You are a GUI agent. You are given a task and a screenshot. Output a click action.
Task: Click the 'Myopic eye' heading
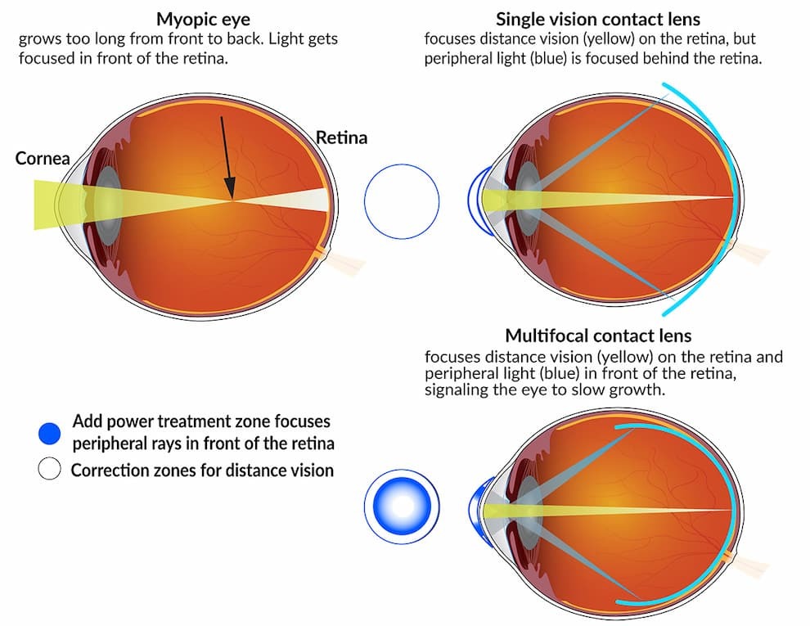pos(203,19)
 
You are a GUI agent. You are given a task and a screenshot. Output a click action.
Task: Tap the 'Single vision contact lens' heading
pos(598,19)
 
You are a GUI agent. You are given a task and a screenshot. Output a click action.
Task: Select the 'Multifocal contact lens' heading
pos(598,336)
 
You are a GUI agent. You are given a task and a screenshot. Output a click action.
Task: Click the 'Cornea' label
pos(43,158)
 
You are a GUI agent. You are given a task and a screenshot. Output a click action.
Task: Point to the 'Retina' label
pos(341,137)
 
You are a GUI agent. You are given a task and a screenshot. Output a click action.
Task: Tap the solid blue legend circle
pos(50,434)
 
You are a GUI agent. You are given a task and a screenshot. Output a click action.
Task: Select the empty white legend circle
pos(50,469)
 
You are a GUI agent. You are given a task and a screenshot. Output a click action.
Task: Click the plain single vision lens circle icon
pos(402,201)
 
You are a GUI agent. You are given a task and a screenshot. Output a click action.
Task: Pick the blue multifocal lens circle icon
pos(402,507)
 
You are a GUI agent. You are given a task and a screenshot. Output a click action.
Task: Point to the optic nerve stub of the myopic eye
pos(344,262)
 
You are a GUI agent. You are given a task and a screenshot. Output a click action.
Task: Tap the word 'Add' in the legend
pos(86,421)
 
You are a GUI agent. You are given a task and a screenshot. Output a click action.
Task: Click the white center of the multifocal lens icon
pos(402,507)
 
